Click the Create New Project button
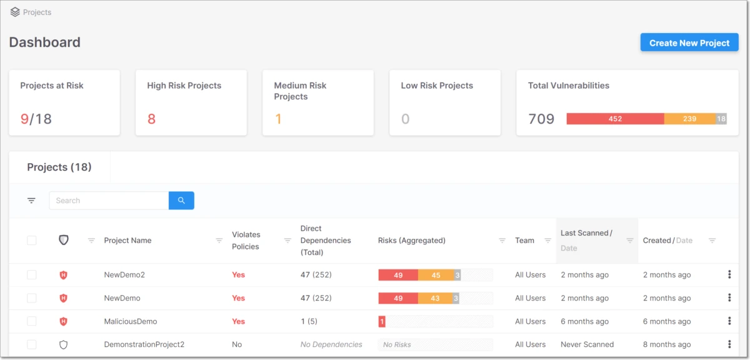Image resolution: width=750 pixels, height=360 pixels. click(x=689, y=42)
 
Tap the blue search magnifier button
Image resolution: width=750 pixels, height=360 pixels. click(x=181, y=201)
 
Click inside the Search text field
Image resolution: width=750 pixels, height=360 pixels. click(x=109, y=201)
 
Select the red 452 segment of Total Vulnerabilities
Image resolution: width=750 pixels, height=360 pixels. click(x=615, y=119)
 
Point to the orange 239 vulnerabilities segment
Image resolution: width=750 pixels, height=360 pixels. click(x=689, y=119)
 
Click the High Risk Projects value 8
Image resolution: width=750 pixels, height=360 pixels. click(x=151, y=119)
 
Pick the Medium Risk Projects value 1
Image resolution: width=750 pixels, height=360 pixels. click(x=278, y=119)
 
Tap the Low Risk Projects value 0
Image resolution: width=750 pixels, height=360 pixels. click(x=405, y=119)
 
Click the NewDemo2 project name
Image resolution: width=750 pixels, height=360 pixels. click(x=124, y=275)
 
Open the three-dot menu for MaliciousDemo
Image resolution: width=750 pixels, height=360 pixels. click(x=729, y=321)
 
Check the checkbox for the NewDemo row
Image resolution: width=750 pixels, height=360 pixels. click(x=32, y=298)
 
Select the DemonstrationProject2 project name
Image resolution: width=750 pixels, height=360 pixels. click(x=144, y=344)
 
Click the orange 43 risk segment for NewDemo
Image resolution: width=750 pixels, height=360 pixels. click(x=435, y=298)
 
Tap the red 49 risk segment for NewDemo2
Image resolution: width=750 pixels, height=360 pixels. click(x=398, y=275)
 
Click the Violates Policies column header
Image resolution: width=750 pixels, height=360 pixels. click(x=246, y=241)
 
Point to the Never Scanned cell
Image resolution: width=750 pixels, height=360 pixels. click(x=587, y=344)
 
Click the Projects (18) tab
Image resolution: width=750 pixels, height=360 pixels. click(x=59, y=167)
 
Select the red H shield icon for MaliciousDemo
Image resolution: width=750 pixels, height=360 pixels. click(x=63, y=321)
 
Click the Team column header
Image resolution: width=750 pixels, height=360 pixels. click(x=524, y=241)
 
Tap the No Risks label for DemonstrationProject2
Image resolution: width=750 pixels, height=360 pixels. click(x=397, y=344)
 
